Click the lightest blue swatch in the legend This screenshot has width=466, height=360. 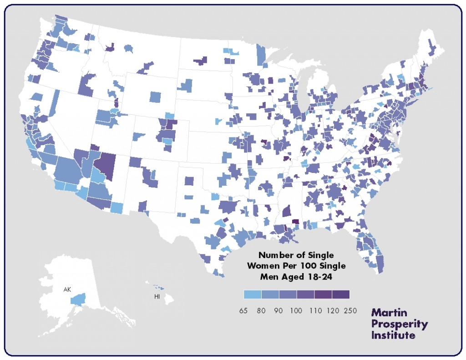pos(253,294)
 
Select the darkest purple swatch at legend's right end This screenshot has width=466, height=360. pos(341,294)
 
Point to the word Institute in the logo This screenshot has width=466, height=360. pos(393,335)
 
